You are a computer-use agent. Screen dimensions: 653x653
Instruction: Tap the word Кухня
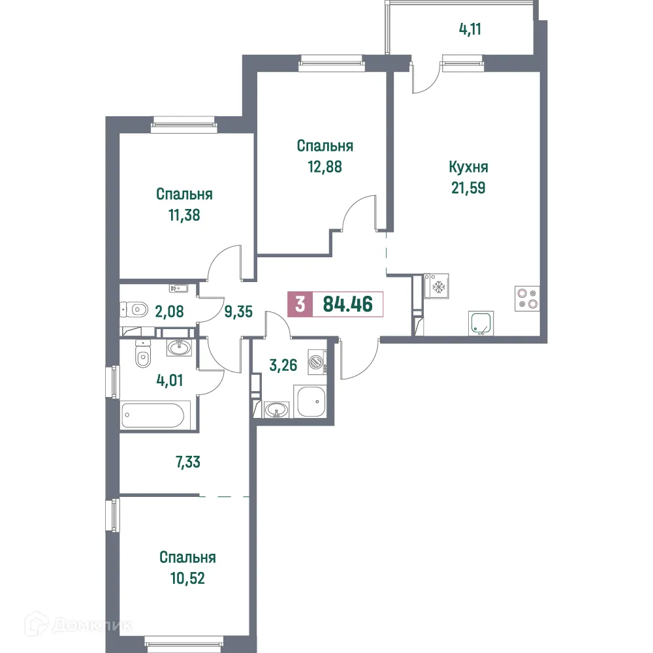pos(468,167)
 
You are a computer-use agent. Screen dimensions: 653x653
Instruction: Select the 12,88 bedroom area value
pos(325,166)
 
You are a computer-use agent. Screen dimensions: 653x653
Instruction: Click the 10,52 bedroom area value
pos(187,578)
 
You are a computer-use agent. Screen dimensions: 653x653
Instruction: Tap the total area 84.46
pos(347,305)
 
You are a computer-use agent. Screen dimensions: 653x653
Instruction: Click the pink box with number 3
pos(300,305)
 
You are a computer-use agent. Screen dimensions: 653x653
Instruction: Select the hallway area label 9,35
pos(238,311)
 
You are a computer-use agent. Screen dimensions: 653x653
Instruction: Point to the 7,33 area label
pos(187,463)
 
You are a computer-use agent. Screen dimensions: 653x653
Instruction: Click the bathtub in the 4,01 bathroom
pos(156,415)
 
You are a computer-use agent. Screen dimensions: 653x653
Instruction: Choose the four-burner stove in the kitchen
pos(526,298)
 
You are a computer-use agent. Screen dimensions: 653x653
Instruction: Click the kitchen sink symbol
pos(481,323)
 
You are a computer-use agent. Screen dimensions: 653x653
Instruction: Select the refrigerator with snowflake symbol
pos(436,286)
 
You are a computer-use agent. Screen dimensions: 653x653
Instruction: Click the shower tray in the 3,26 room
pos(311,401)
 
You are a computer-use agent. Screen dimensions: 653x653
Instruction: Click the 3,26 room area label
pos(283,364)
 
